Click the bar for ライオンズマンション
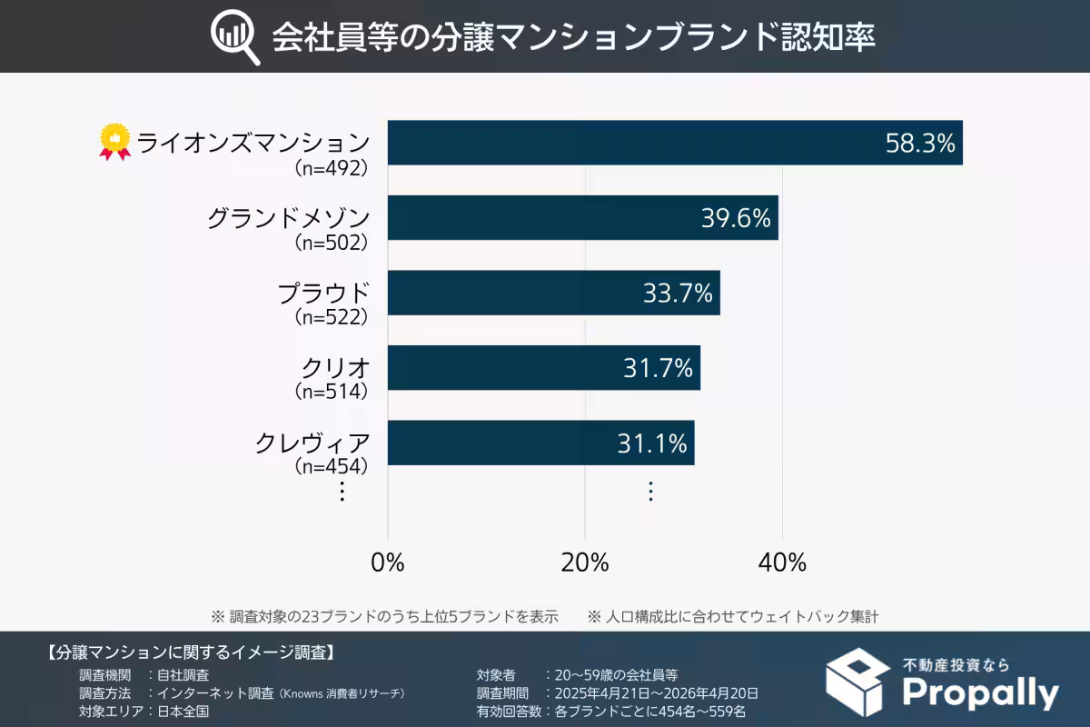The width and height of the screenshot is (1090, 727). coord(674,143)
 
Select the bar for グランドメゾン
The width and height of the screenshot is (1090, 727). coord(582,218)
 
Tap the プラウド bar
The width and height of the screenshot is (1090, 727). coord(553,293)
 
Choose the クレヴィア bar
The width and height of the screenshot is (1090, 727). coord(540,443)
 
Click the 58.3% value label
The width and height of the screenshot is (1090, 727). coord(920,143)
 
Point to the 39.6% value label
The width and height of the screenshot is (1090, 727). coord(736,218)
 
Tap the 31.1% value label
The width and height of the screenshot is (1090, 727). coord(652,443)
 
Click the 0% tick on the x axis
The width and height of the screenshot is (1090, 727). coord(388,563)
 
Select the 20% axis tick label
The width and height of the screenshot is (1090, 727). coord(585,563)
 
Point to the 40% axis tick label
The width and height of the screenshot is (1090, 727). coord(782,563)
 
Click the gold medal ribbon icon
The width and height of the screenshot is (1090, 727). coord(114,143)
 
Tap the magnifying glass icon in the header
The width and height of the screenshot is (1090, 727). coord(234,37)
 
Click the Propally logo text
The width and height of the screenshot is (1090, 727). coord(980,694)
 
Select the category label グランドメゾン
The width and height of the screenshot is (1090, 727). coord(288,219)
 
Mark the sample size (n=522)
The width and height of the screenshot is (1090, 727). coord(332,317)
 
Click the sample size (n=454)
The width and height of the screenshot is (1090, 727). coord(332,466)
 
